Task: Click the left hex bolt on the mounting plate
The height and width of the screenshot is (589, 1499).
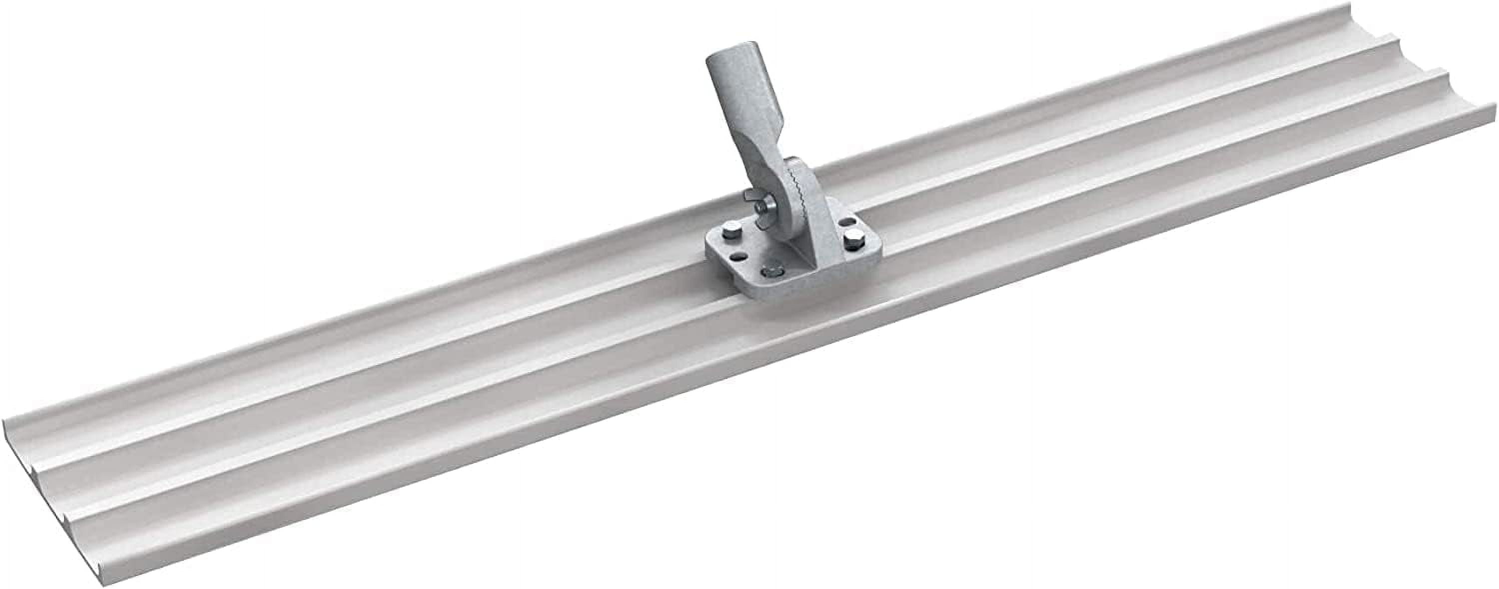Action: click(729, 234)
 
